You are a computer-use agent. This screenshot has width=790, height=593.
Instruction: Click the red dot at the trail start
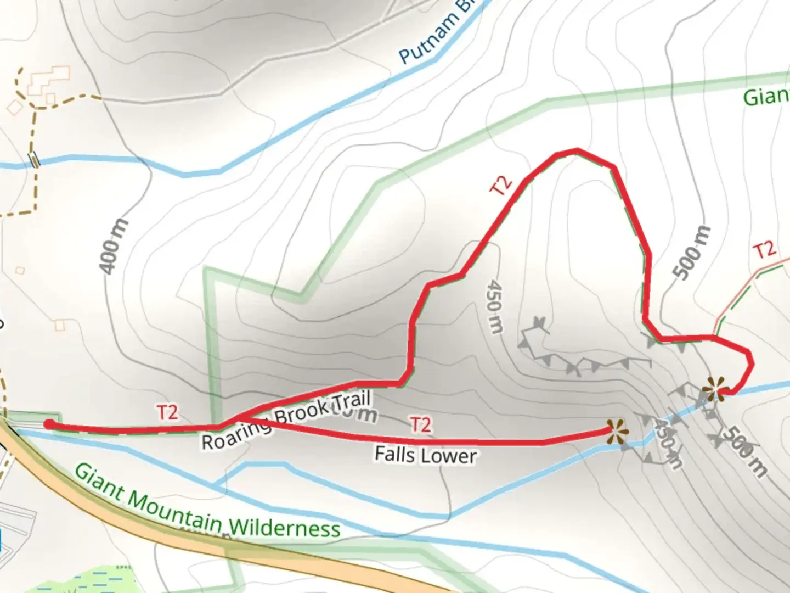[x=49, y=424]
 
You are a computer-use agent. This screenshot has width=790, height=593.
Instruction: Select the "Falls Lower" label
[x=425, y=455]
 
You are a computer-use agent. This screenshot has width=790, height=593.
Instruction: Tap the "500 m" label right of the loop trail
[x=692, y=253]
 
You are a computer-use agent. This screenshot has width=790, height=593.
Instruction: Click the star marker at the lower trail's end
[x=617, y=432]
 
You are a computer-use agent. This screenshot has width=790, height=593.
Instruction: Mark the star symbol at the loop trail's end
[x=715, y=389]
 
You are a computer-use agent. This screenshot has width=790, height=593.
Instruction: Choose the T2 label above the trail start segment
[x=167, y=412]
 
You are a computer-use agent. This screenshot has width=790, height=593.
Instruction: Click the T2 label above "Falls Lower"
[x=421, y=424]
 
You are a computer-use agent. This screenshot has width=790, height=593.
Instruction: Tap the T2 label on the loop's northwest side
[x=501, y=185]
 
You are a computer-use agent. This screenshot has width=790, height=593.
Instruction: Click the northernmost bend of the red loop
[x=575, y=150]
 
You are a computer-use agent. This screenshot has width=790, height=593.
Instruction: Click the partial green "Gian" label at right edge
[x=766, y=97]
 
